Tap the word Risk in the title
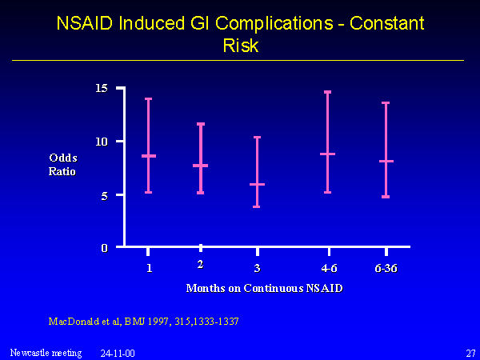point(240,46)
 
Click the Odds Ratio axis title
point(62,164)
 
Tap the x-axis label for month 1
point(149,267)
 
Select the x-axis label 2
point(201,264)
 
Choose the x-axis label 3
point(257,267)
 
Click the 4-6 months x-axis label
point(328,267)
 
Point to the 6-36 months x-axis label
point(386,267)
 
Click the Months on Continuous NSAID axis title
point(265,288)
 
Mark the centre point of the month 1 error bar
point(149,156)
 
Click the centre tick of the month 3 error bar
point(257,184)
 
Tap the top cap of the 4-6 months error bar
point(328,92)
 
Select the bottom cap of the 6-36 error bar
point(386,197)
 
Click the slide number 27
point(470,352)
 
